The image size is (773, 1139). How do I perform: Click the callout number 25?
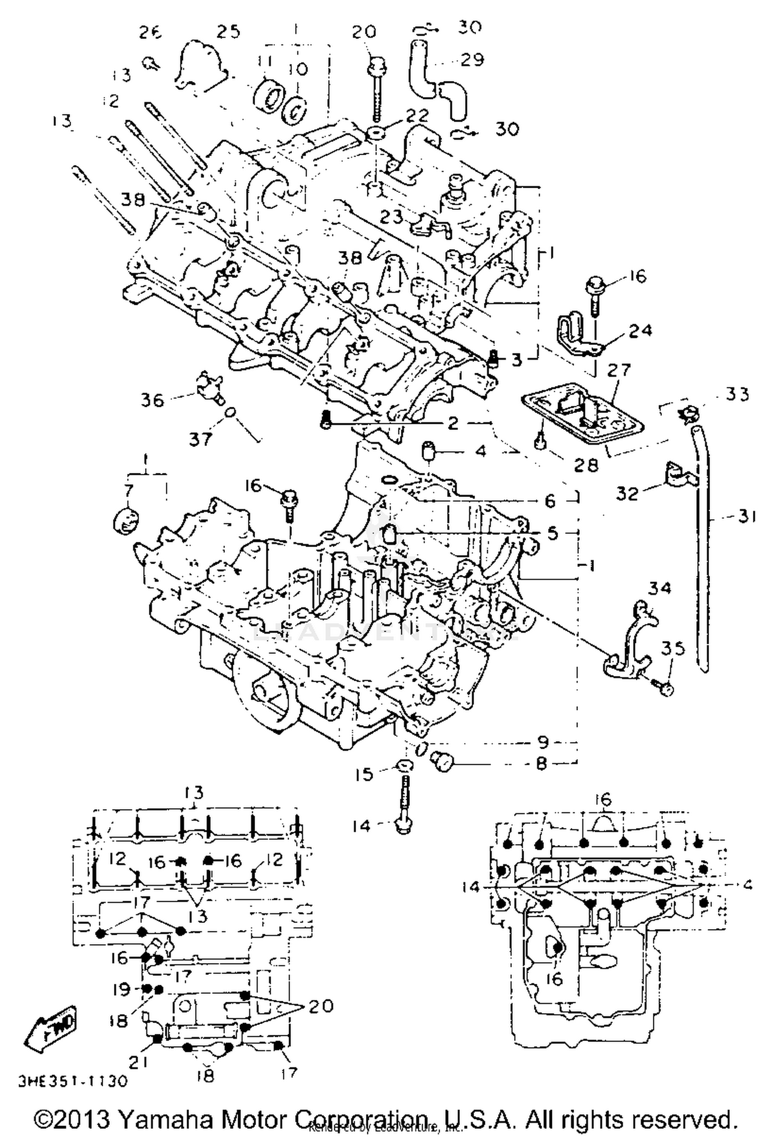tap(228, 32)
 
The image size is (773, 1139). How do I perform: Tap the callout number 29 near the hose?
tap(472, 60)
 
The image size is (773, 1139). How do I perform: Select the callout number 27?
tap(619, 370)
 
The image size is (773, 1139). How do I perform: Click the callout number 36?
tap(153, 400)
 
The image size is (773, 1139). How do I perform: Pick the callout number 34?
tap(660, 587)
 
